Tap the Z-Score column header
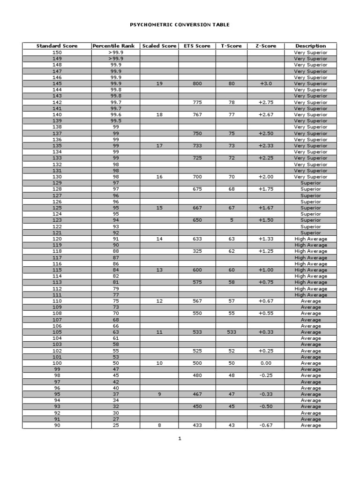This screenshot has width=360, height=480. coord(265,46)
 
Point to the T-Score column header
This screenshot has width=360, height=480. coord(231,46)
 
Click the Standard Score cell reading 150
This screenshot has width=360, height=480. coord(57,52)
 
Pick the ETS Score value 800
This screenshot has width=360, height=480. coord(197,83)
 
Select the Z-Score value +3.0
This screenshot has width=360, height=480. coord(265,83)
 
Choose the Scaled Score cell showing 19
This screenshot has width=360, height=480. coord(159,83)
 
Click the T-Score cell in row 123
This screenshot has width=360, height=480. coord(231,220)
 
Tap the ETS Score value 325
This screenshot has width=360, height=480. coord(197,251)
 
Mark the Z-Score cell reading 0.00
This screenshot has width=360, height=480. coord(265,363)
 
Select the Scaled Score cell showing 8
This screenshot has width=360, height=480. coord(159,425)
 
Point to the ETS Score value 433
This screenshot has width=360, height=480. coord(197,425)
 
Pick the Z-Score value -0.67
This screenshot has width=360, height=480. coord(265,425)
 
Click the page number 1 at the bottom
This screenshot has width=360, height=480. coord(180,439)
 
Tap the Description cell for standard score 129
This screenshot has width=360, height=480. coord(310,183)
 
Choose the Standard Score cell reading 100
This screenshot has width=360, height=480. coord(57,363)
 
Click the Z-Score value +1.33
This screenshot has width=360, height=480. coord(265,239)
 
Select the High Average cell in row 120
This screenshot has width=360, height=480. coord(310,239)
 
